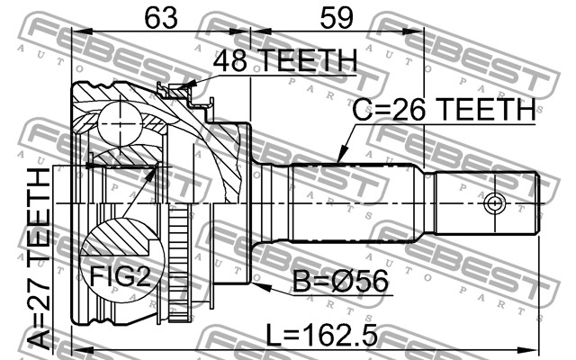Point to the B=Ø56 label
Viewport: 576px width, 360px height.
coord(341,282)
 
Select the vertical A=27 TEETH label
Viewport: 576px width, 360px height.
coord(41,261)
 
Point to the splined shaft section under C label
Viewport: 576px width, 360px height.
coord(355,202)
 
